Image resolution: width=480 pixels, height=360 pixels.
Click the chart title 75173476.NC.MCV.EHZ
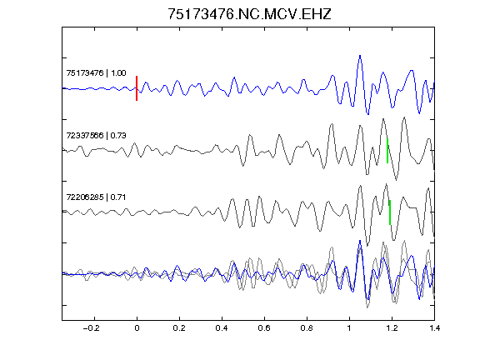click(249, 14)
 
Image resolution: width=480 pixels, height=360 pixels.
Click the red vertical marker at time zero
click(137, 88)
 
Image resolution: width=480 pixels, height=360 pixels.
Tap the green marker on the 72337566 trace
click(387, 151)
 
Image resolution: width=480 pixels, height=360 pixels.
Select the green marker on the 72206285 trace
click(390, 212)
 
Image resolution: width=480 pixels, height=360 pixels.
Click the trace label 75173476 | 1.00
click(96, 73)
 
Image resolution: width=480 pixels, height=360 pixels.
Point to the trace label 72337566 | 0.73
click(96, 135)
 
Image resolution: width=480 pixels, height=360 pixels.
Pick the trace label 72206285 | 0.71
click(96, 197)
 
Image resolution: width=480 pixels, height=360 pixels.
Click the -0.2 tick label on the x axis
click(92, 328)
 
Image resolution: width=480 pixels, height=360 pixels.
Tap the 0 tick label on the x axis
click(137, 328)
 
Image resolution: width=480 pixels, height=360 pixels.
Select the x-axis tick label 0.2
click(179, 328)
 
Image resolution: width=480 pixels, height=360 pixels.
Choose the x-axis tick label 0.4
click(222, 328)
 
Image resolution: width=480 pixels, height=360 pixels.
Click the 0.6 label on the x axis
click(264, 328)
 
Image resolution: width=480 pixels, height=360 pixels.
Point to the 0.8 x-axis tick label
click(307, 328)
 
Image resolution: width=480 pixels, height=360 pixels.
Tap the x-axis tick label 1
click(349, 328)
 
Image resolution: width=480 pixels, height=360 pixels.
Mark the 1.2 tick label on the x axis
click(392, 328)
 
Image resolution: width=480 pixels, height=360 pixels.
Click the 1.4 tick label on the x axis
click(434, 328)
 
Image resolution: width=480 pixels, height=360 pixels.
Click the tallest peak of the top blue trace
click(360, 56)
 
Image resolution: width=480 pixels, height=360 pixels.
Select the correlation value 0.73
click(118, 135)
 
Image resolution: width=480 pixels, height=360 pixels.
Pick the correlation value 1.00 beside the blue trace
click(118, 73)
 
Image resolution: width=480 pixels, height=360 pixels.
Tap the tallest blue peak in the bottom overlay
click(360, 241)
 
